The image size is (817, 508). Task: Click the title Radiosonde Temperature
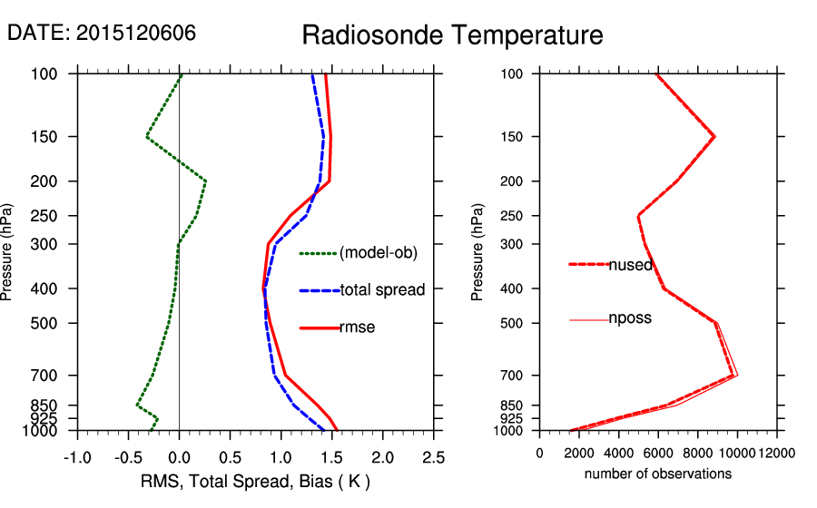tap(452, 35)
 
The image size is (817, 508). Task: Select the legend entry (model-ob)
tap(378, 253)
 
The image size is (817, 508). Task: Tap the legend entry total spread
tap(382, 290)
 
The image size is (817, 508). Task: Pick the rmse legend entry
tap(357, 327)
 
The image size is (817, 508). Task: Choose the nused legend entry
tap(629, 264)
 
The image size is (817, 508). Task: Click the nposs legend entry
tap(629, 318)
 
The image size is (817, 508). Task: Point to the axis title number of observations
tap(657, 474)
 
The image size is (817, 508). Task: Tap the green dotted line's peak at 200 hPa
tap(206, 181)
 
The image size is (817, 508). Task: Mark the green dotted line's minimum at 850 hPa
tap(137, 405)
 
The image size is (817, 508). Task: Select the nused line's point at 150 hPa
tap(715, 137)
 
